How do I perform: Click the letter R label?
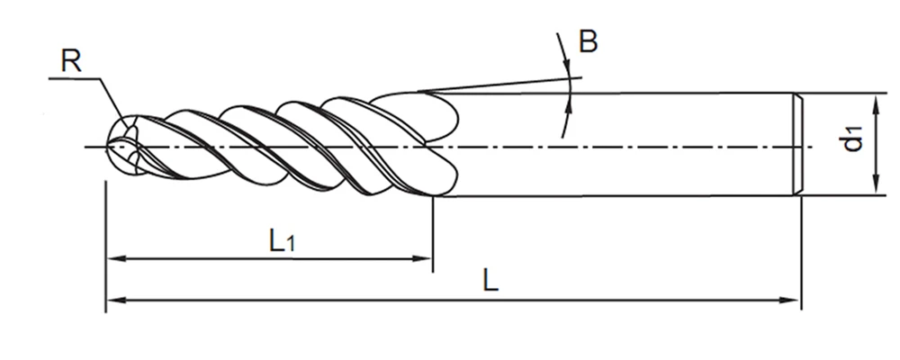72,60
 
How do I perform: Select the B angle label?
588,41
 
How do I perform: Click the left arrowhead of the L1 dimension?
112,258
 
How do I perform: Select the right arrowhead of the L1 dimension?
427,258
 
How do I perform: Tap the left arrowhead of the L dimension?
112,301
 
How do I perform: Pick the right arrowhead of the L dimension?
794,301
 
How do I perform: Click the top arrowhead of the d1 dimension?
874,98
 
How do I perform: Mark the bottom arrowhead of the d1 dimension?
874,188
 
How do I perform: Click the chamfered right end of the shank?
796,144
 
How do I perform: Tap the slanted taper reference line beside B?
504,85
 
